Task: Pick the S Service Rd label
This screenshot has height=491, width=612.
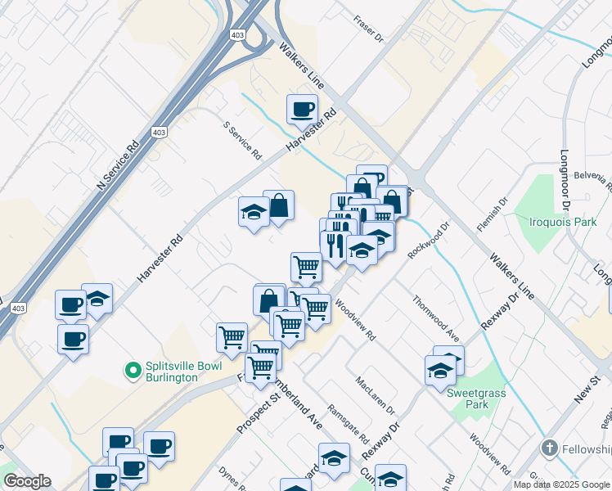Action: (x=242, y=141)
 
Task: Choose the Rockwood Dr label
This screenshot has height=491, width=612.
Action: (x=430, y=240)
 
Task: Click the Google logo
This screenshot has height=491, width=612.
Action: (x=27, y=481)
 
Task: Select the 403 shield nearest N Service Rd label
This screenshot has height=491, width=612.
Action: (x=160, y=132)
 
